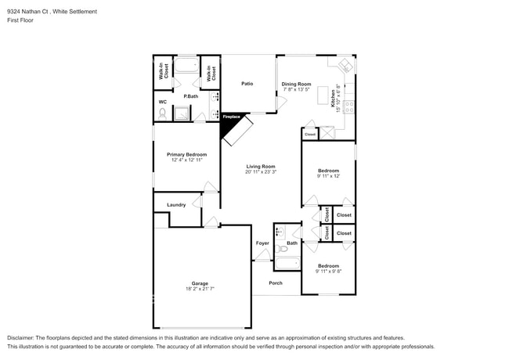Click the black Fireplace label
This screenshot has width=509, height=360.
[x=231, y=117]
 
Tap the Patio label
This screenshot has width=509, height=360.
[x=247, y=84]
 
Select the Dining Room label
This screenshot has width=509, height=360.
[x=296, y=84]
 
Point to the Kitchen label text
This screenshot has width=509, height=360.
[x=333, y=98]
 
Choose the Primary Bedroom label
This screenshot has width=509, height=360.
[x=186, y=154]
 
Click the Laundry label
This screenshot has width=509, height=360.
[x=176, y=205]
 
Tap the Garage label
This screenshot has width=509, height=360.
[x=200, y=283]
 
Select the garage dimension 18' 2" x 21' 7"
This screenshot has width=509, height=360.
[x=200, y=290]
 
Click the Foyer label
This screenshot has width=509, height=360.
[x=262, y=243]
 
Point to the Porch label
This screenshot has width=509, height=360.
[x=276, y=283]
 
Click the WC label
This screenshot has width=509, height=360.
[x=163, y=102]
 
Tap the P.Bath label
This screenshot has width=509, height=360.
[x=190, y=96]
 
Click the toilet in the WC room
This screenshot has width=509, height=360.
[x=162, y=114]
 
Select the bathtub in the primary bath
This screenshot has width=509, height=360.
[x=186, y=67]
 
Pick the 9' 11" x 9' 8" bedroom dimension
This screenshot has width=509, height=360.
[x=328, y=272]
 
